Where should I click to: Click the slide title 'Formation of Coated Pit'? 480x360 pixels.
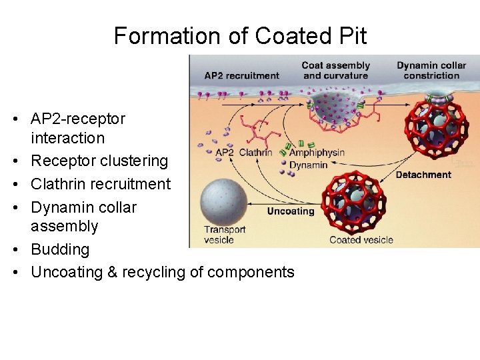click(240, 35)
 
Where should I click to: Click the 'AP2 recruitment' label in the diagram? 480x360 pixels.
click(241, 75)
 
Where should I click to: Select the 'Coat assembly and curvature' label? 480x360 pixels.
click(335, 70)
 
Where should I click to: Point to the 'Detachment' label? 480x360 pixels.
click(423, 175)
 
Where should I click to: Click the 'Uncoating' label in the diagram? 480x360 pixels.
click(290, 211)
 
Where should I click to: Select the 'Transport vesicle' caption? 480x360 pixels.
click(225, 235)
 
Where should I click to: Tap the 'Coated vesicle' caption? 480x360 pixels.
click(361, 239)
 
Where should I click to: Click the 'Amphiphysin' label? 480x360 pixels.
click(317, 153)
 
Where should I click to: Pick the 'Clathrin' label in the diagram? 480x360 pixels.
click(255, 153)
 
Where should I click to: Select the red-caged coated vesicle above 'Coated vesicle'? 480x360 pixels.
click(353, 202)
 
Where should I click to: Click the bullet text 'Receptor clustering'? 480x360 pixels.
click(99, 161)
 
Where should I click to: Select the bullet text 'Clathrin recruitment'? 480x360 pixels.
click(101, 183)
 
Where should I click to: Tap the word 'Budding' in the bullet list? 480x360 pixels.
click(60, 249)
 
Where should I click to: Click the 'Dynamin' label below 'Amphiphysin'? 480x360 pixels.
click(308, 165)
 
